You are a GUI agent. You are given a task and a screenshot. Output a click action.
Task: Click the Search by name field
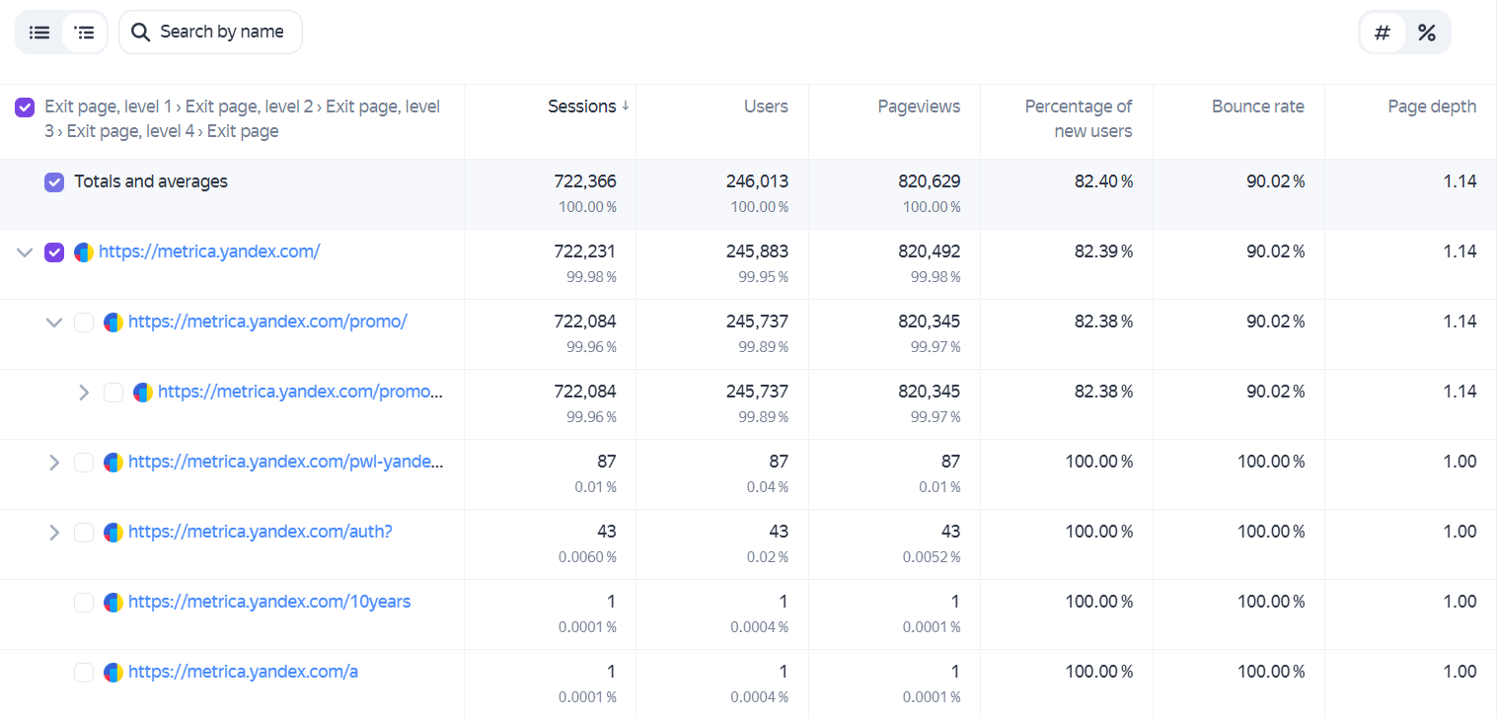click(x=210, y=33)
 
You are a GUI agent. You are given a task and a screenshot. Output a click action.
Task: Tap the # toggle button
click(x=1383, y=33)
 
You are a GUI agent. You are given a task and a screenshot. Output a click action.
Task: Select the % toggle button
click(x=1427, y=33)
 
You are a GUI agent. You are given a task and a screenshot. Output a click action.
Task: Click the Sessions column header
click(x=582, y=107)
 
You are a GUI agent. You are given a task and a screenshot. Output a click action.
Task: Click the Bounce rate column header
click(x=1258, y=107)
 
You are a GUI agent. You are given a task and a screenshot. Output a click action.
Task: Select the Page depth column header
click(x=1432, y=107)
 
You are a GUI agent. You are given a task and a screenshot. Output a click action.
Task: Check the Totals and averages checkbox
click(x=54, y=181)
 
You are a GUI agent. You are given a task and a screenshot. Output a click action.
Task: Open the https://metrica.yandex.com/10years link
click(x=269, y=602)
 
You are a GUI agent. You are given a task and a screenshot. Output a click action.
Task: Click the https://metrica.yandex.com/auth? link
click(x=260, y=532)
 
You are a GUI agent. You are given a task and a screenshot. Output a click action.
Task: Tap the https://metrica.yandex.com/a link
click(x=244, y=672)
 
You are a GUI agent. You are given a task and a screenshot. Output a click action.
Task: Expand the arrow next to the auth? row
click(x=54, y=533)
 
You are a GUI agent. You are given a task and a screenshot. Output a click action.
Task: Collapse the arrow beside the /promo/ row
click(x=54, y=323)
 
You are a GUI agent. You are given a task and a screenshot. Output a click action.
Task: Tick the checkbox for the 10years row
click(x=84, y=603)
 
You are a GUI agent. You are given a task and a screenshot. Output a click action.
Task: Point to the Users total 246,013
click(x=757, y=181)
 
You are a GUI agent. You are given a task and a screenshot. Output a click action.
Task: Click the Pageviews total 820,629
click(x=929, y=181)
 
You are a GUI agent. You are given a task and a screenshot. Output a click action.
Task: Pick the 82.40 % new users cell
click(x=1103, y=181)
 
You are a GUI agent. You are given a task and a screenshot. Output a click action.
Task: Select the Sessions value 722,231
click(x=585, y=251)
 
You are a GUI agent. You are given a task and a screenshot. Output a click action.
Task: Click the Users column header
click(x=766, y=107)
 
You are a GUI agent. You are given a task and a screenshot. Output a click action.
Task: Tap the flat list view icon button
click(x=39, y=33)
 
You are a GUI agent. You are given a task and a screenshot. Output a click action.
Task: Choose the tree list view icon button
click(x=84, y=33)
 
